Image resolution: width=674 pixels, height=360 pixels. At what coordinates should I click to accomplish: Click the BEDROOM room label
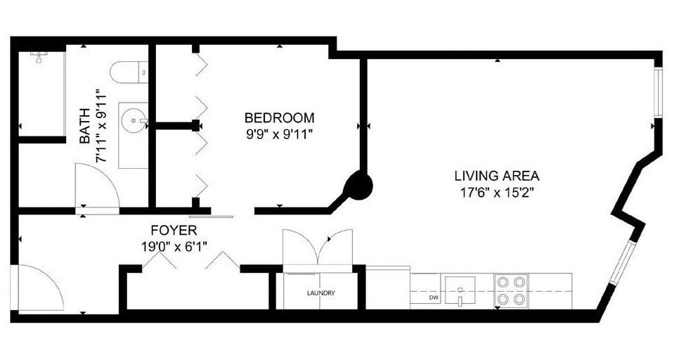click(x=279, y=117)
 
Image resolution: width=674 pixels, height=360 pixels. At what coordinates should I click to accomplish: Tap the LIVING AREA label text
click(x=496, y=176)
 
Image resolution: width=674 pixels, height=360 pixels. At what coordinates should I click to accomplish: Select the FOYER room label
click(x=174, y=230)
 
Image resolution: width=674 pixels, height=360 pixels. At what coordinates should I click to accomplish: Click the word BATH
click(x=85, y=127)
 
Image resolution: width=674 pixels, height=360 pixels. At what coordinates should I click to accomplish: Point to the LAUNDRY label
click(x=320, y=293)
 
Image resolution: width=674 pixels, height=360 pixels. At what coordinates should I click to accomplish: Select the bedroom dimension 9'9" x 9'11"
click(x=279, y=134)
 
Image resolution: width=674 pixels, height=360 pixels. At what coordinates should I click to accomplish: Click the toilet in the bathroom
click(x=127, y=71)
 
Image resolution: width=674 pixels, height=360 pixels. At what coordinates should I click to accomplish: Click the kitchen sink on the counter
click(x=460, y=291)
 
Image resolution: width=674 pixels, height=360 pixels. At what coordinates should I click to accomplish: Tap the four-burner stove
click(x=512, y=290)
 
